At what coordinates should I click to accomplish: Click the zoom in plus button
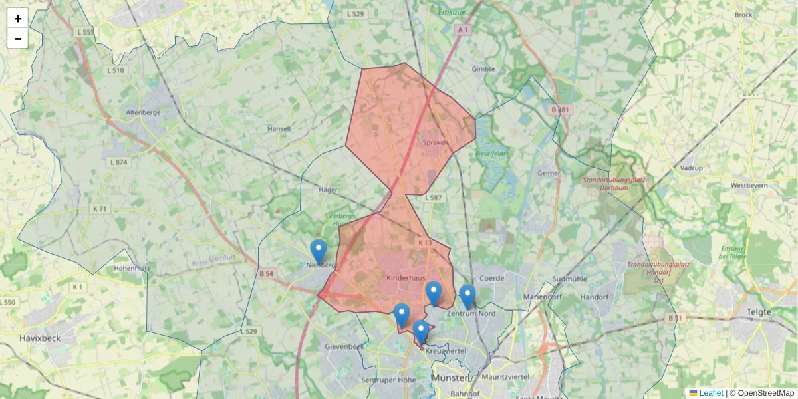(17, 19)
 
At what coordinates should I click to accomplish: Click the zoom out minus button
(17, 39)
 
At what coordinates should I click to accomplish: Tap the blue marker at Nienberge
(319, 251)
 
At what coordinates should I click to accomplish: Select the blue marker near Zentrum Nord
(467, 297)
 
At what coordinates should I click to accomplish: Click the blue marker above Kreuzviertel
(420, 332)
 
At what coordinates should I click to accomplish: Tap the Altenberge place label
(144, 112)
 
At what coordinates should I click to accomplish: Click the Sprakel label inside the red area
(436, 142)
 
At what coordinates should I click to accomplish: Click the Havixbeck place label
(40, 338)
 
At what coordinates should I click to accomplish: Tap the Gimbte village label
(483, 69)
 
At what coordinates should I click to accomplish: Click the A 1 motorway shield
(464, 30)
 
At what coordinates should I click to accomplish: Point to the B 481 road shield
(561, 110)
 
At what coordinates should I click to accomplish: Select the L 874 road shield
(118, 162)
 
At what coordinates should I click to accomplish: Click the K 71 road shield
(100, 209)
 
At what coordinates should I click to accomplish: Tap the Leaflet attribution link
(710, 393)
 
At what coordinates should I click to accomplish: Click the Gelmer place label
(549, 173)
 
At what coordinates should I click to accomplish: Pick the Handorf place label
(595, 297)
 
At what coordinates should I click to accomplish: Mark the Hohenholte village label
(132, 269)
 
